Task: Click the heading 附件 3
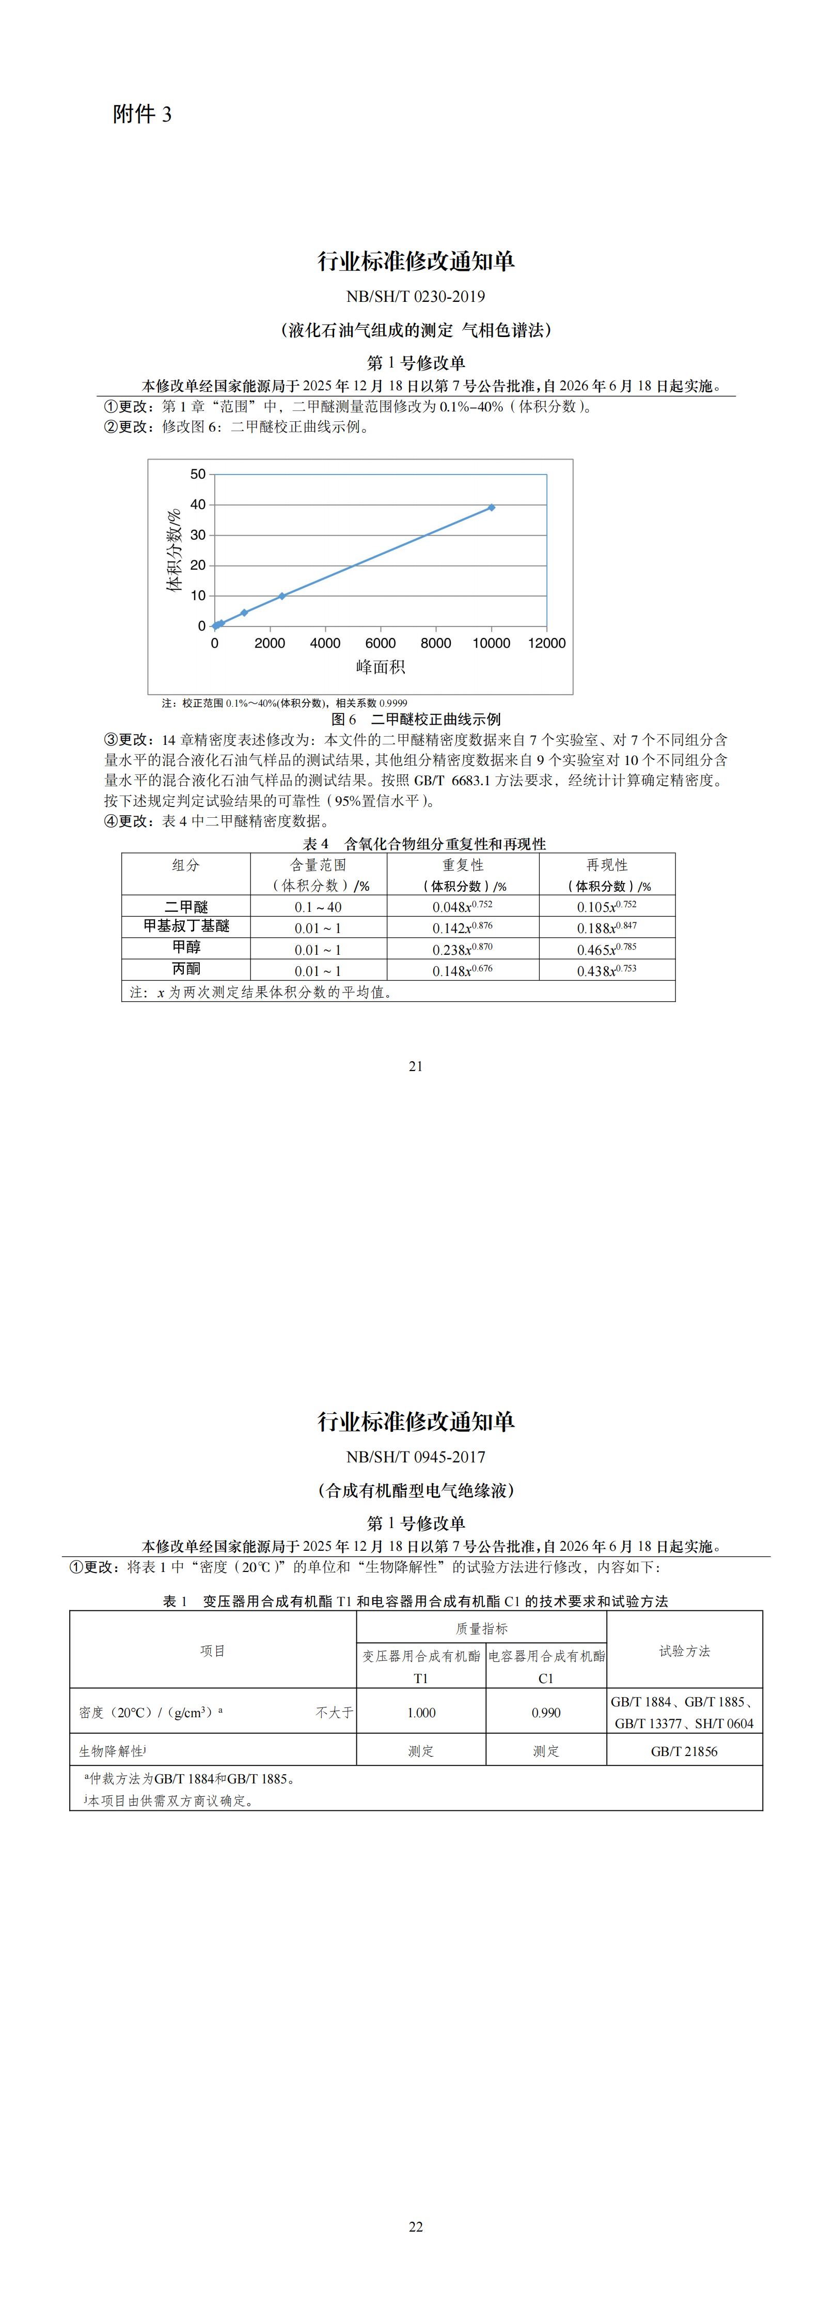[142, 114]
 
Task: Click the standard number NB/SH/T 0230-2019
[415, 296]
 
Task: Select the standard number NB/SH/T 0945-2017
[415, 1456]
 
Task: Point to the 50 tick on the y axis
[198, 474]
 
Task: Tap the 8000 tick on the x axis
[436, 643]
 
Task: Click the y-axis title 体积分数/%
[174, 551]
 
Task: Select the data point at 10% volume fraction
[282, 596]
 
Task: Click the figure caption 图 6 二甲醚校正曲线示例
[416, 719]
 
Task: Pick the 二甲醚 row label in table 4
[186, 906]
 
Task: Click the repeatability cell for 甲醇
[463, 949]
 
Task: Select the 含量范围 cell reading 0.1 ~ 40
[318, 907]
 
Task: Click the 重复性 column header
[463, 865]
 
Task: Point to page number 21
[415, 1066]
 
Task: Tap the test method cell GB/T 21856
[684, 1751]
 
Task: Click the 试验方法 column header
[684, 1651]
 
